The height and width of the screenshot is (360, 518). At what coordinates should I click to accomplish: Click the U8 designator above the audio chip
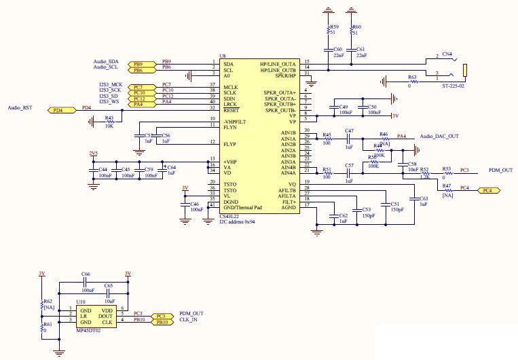tap(222, 56)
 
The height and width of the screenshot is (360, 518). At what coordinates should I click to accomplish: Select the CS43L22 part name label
tap(229, 215)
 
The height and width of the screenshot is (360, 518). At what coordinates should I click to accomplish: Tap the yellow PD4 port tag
tap(59, 109)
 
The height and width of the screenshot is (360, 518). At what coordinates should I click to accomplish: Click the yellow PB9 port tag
tap(138, 62)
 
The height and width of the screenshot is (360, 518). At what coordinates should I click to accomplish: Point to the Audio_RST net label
tap(20, 107)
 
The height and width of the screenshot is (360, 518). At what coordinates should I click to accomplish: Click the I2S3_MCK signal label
tap(109, 84)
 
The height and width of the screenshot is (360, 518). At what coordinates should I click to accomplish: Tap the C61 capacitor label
tap(360, 50)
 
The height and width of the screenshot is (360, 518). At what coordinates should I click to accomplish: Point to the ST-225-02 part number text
tap(453, 86)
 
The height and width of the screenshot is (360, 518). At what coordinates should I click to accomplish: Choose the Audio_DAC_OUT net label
tap(439, 137)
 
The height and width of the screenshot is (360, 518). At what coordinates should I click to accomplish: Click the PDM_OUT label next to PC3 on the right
tap(500, 170)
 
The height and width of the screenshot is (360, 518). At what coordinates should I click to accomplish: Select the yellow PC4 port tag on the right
tap(487, 191)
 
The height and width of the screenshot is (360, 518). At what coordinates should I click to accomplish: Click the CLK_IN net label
tap(188, 319)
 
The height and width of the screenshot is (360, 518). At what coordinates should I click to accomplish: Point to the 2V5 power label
tap(93, 154)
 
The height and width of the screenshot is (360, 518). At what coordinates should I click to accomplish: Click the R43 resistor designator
tap(109, 117)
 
